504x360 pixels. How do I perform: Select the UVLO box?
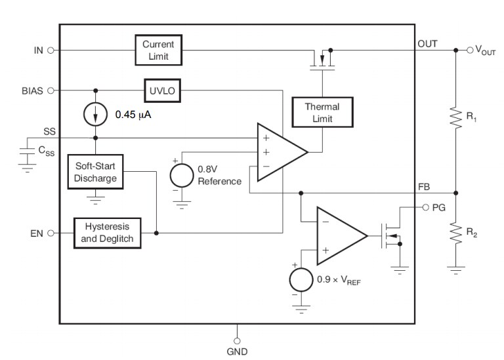[162, 90]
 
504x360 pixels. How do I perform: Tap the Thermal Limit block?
[322, 112]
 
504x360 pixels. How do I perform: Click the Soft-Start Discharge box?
[96, 172]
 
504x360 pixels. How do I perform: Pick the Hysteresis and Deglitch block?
[107, 232]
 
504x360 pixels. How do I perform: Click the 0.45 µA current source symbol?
[96, 114]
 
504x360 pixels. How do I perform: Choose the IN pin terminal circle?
[51, 50]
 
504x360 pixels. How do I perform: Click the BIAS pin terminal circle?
[51, 90]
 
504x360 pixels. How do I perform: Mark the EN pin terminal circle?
[51, 232]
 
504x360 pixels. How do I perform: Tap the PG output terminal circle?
[426, 207]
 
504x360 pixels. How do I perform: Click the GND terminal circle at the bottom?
[237, 340]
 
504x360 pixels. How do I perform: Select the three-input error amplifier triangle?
[279, 151]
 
